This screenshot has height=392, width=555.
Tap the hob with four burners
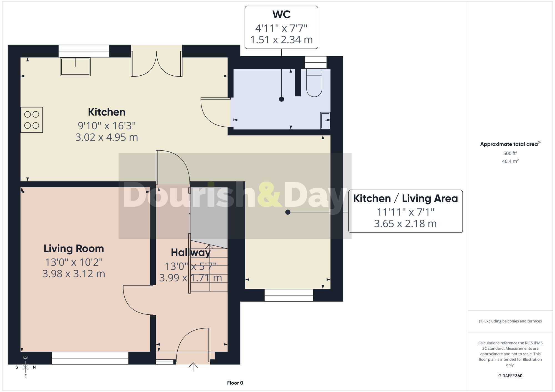32,120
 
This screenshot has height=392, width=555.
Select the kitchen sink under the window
75,66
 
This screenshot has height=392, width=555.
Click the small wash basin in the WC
325,121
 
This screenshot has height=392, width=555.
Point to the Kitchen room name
107,112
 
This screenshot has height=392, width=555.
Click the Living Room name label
74,248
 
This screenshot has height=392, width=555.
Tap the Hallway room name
191,253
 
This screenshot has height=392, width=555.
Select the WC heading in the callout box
281,14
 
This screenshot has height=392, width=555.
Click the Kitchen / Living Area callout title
405,198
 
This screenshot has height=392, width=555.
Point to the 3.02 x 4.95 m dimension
107,137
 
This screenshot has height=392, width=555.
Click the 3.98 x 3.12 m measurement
74,274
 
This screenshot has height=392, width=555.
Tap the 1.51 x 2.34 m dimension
281,40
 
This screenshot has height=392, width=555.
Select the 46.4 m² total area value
510,161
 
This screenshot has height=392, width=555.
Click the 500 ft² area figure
510,153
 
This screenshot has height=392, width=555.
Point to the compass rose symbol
26,367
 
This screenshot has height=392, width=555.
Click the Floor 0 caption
235,383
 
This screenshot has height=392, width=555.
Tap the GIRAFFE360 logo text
510,376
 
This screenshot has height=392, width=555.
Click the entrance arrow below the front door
193,367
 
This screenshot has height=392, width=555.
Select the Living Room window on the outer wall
90,358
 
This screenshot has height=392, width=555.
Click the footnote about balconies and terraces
510,321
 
